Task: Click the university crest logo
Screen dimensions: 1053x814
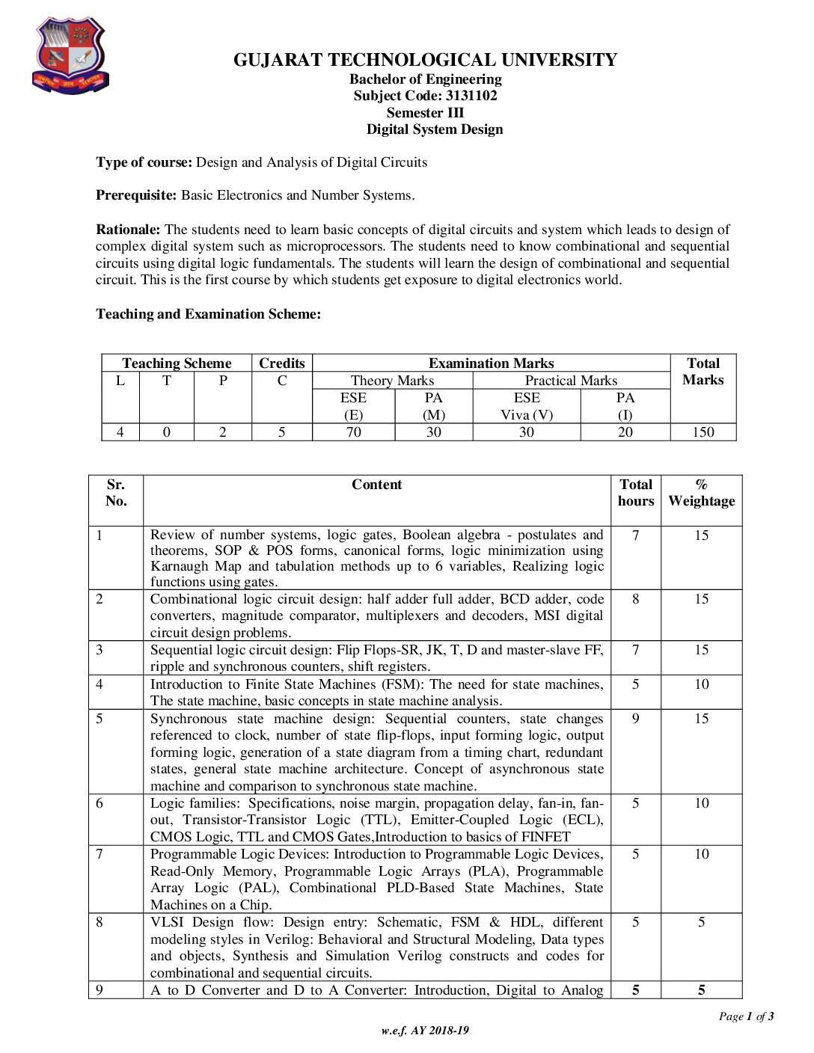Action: point(70,56)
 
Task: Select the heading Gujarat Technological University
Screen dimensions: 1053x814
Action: point(425,60)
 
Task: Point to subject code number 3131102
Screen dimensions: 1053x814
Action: point(471,96)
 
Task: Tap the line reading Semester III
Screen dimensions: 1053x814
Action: point(425,113)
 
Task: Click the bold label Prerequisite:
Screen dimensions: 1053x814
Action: point(136,195)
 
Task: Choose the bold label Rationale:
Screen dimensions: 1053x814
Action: point(128,230)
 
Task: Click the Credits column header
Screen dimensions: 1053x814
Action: point(281,363)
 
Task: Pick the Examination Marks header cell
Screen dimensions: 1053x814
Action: point(491,363)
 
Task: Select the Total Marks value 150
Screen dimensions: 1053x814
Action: point(703,432)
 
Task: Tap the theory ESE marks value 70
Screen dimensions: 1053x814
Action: point(353,432)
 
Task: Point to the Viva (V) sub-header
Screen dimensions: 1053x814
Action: point(527,415)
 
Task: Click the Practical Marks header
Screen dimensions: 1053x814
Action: point(571,381)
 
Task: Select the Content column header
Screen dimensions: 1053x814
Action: point(376,485)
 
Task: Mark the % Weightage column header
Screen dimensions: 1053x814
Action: point(701,493)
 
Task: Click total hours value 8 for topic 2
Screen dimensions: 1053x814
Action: point(635,599)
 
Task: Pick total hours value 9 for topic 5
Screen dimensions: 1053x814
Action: point(635,719)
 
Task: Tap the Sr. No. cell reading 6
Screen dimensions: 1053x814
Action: point(100,803)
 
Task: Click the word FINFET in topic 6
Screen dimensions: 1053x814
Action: point(545,837)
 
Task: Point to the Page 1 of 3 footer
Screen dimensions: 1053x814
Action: point(746,1016)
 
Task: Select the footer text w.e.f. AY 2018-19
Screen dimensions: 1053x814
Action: point(425,1031)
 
